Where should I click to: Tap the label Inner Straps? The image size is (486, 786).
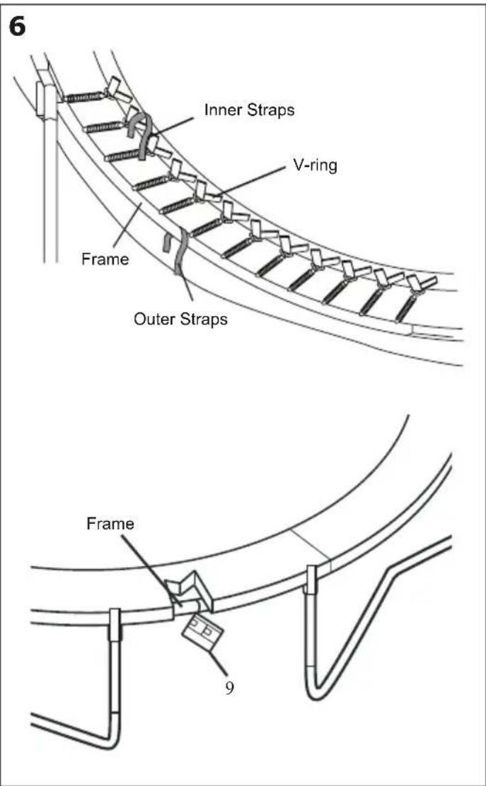pyautogui.click(x=249, y=110)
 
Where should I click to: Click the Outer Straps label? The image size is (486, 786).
pyautogui.click(x=181, y=319)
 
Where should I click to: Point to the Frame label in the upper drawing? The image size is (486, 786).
pyautogui.click(x=104, y=259)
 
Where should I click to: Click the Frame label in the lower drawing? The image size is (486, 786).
pyautogui.click(x=110, y=524)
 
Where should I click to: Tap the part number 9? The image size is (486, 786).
pyautogui.click(x=229, y=687)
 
